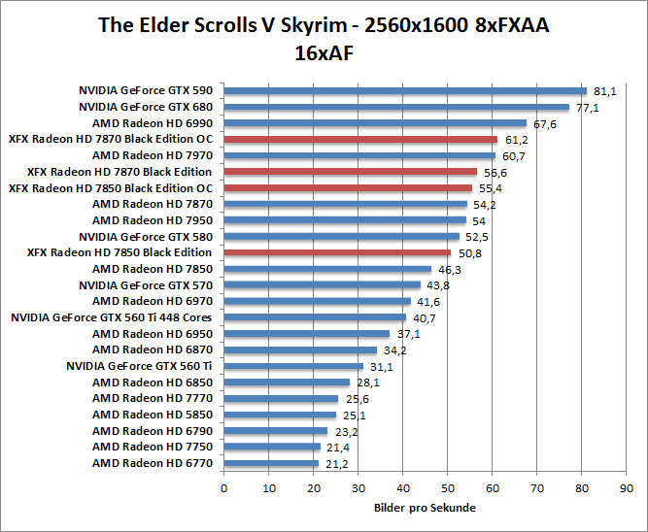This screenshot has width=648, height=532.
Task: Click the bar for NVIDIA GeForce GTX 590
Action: pyautogui.click(x=405, y=90)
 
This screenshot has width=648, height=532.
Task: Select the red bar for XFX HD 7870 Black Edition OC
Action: pyautogui.click(x=360, y=139)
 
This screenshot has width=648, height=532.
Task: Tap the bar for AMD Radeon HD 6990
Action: pyautogui.click(x=375, y=123)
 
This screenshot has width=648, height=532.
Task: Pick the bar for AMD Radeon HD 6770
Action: pyautogui.click(x=271, y=463)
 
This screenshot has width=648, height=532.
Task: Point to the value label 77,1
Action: pyautogui.click(x=588, y=108)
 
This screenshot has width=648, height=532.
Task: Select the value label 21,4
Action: pyautogui.click(x=337, y=448)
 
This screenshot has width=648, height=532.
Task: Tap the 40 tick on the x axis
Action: pyautogui.click(x=403, y=487)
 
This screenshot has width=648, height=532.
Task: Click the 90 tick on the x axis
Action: pyautogui.click(x=627, y=487)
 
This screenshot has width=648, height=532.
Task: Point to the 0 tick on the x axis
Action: pyautogui.click(x=224, y=487)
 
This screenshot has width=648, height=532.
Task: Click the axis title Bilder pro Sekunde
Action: pyautogui.click(x=425, y=508)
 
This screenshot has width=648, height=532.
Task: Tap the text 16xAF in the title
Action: pyautogui.click(x=324, y=53)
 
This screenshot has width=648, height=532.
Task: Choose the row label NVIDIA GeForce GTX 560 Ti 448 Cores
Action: pyautogui.click(x=112, y=317)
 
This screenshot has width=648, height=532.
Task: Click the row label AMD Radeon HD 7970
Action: pyautogui.click(x=153, y=155)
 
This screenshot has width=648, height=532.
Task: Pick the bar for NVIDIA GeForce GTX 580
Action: pyautogui.click(x=341, y=236)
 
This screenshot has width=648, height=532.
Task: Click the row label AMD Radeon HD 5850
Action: pyautogui.click(x=153, y=415)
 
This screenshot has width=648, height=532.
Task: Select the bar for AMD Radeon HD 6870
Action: pyautogui.click(x=300, y=349)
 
